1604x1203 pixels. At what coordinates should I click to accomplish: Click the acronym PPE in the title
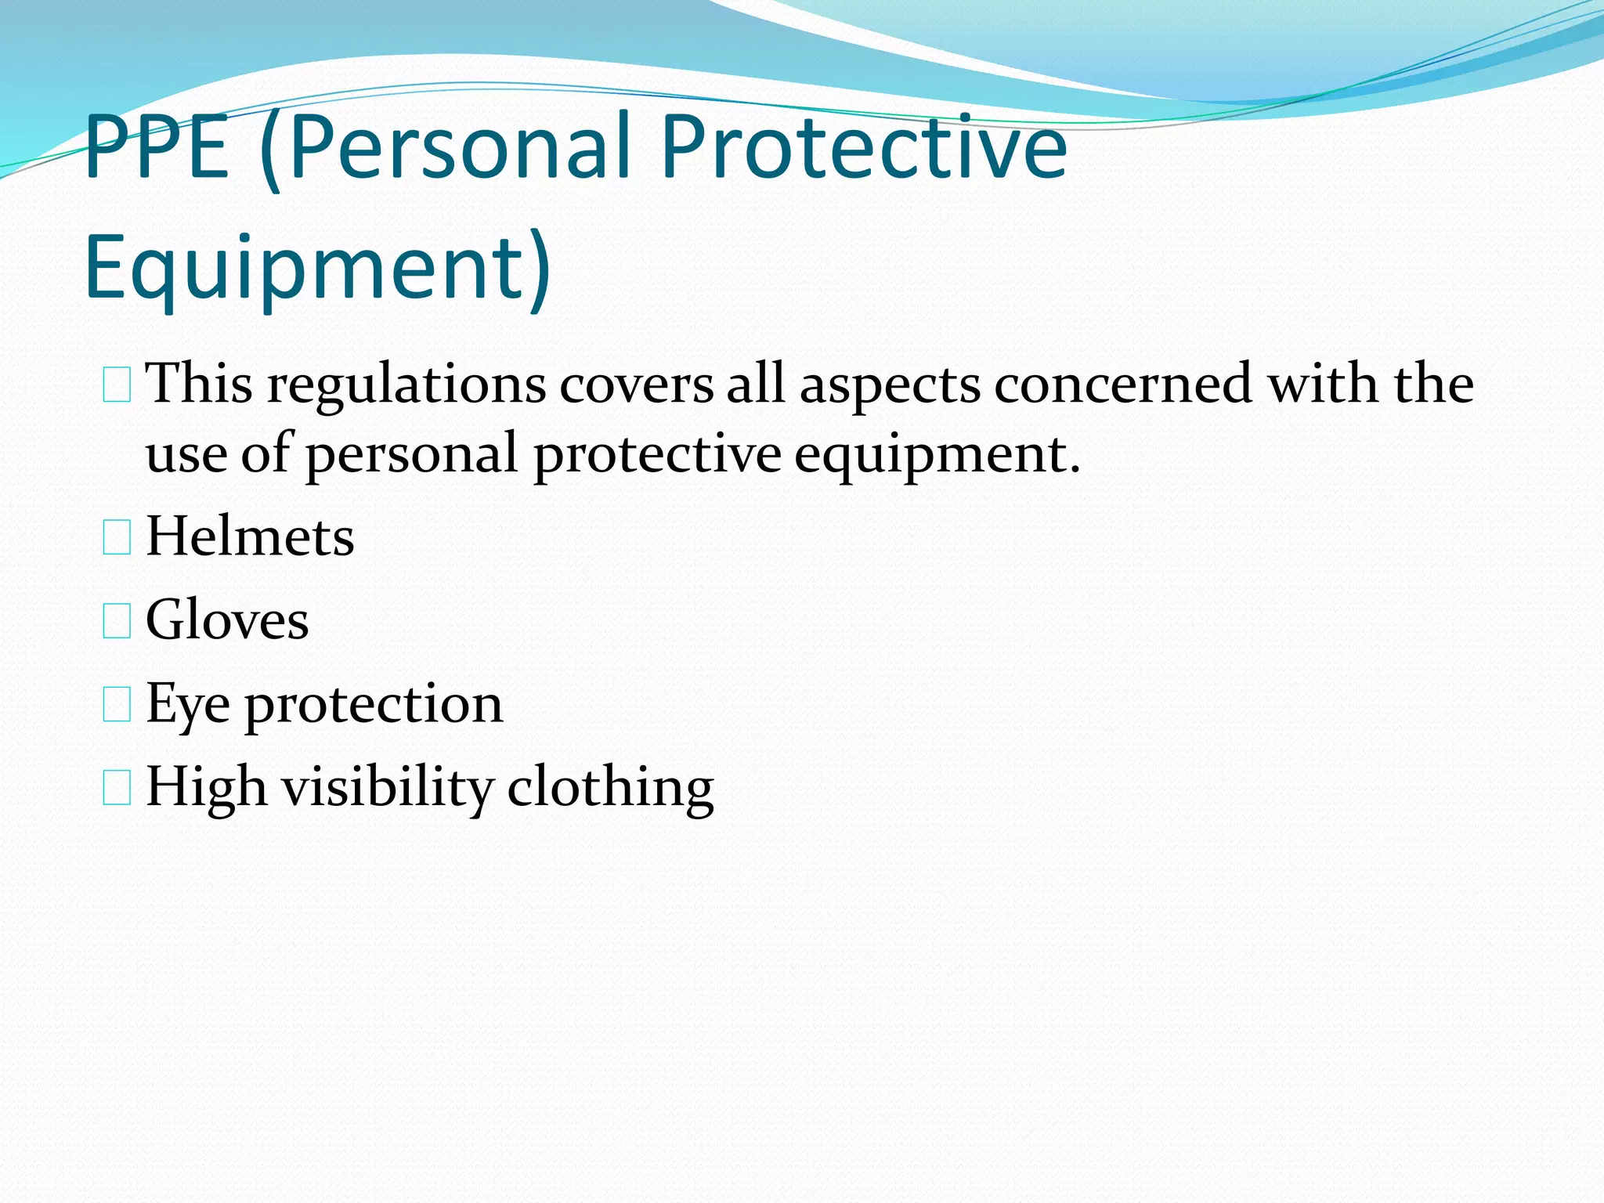click(x=157, y=147)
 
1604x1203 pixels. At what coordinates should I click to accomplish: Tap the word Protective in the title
click(x=863, y=147)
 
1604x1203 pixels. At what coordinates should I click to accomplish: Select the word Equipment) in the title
click(x=318, y=268)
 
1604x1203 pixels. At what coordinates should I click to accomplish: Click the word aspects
click(x=890, y=386)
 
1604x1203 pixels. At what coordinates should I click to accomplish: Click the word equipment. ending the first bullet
click(x=937, y=457)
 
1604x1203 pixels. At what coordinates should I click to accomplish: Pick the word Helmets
click(x=250, y=537)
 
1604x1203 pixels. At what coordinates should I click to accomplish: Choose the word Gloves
click(x=227, y=620)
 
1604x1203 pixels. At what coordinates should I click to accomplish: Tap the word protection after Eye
click(x=374, y=705)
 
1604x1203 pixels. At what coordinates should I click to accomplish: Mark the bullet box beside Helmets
click(x=117, y=539)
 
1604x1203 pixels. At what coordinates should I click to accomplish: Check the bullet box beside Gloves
click(x=117, y=622)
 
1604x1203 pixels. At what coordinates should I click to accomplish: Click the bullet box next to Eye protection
click(x=117, y=705)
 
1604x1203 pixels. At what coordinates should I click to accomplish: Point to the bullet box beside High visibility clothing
click(x=117, y=788)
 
